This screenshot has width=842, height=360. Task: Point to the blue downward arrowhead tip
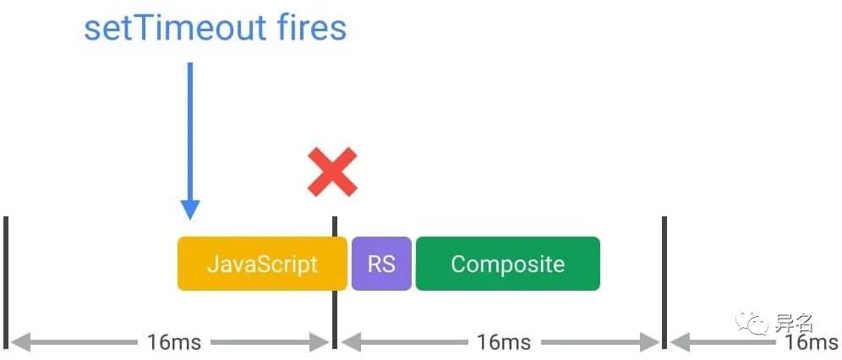point(190,220)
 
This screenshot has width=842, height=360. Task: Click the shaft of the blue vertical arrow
point(190,132)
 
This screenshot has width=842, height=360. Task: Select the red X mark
point(332,172)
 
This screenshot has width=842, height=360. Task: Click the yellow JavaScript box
point(262,264)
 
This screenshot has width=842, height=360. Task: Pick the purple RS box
point(381,264)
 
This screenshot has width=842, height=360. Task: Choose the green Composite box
point(507,264)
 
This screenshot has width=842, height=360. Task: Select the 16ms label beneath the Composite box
point(504,341)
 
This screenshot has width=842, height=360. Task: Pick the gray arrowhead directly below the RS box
point(351,341)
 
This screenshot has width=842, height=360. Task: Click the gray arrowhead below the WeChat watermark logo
point(681,341)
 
